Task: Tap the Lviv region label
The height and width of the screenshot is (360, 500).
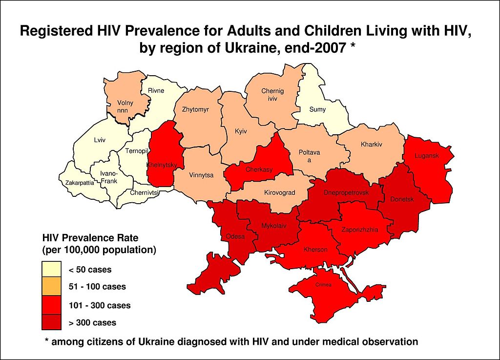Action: tap(100, 140)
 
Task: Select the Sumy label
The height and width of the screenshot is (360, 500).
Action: tap(317, 109)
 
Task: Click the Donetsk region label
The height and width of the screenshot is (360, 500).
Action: tap(402, 199)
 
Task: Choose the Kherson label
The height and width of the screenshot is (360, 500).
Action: tap(315, 250)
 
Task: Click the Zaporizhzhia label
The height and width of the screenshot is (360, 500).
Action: tap(359, 230)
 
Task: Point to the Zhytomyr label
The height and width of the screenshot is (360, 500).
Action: tap(195, 109)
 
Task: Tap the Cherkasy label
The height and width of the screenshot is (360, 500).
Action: tap(259, 170)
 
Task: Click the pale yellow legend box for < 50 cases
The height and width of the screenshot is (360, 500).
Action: tap(51, 269)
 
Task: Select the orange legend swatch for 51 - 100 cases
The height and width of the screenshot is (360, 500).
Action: tap(51, 287)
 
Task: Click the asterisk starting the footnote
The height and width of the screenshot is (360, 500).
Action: tap(47, 341)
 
